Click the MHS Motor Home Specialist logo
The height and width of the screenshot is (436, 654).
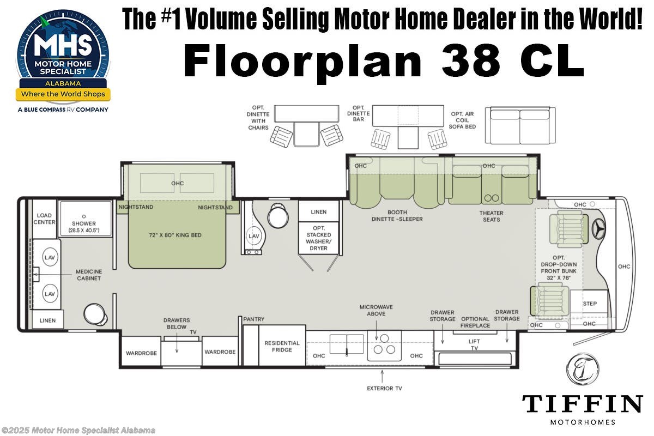[x=63, y=59]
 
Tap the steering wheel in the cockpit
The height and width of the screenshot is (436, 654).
[x=598, y=229]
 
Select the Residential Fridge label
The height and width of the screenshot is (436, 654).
[x=282, y=347]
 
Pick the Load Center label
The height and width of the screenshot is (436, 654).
[x=44, y=219]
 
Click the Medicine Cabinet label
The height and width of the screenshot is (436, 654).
[x=88, y=275]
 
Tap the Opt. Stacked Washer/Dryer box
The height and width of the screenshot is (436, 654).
[x=319, y=238]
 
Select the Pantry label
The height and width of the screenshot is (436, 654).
[x=254, y=319]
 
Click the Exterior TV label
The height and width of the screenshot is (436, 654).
[x=384, y=389]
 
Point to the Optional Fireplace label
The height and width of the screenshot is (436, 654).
[x=475, y=322]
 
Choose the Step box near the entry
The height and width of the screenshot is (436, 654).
[x=589, y=304]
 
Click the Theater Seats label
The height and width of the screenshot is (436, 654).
[x=491, y=216]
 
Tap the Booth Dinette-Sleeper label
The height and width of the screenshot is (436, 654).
[x=397, y=216]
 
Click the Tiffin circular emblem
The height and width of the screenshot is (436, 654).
[x=582, y=369]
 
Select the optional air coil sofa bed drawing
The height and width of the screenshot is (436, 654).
[x=519, y=125]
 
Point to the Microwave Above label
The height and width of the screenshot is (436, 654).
[x=376, y=310]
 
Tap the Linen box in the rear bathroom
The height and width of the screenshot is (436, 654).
[x=47, y=320]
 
